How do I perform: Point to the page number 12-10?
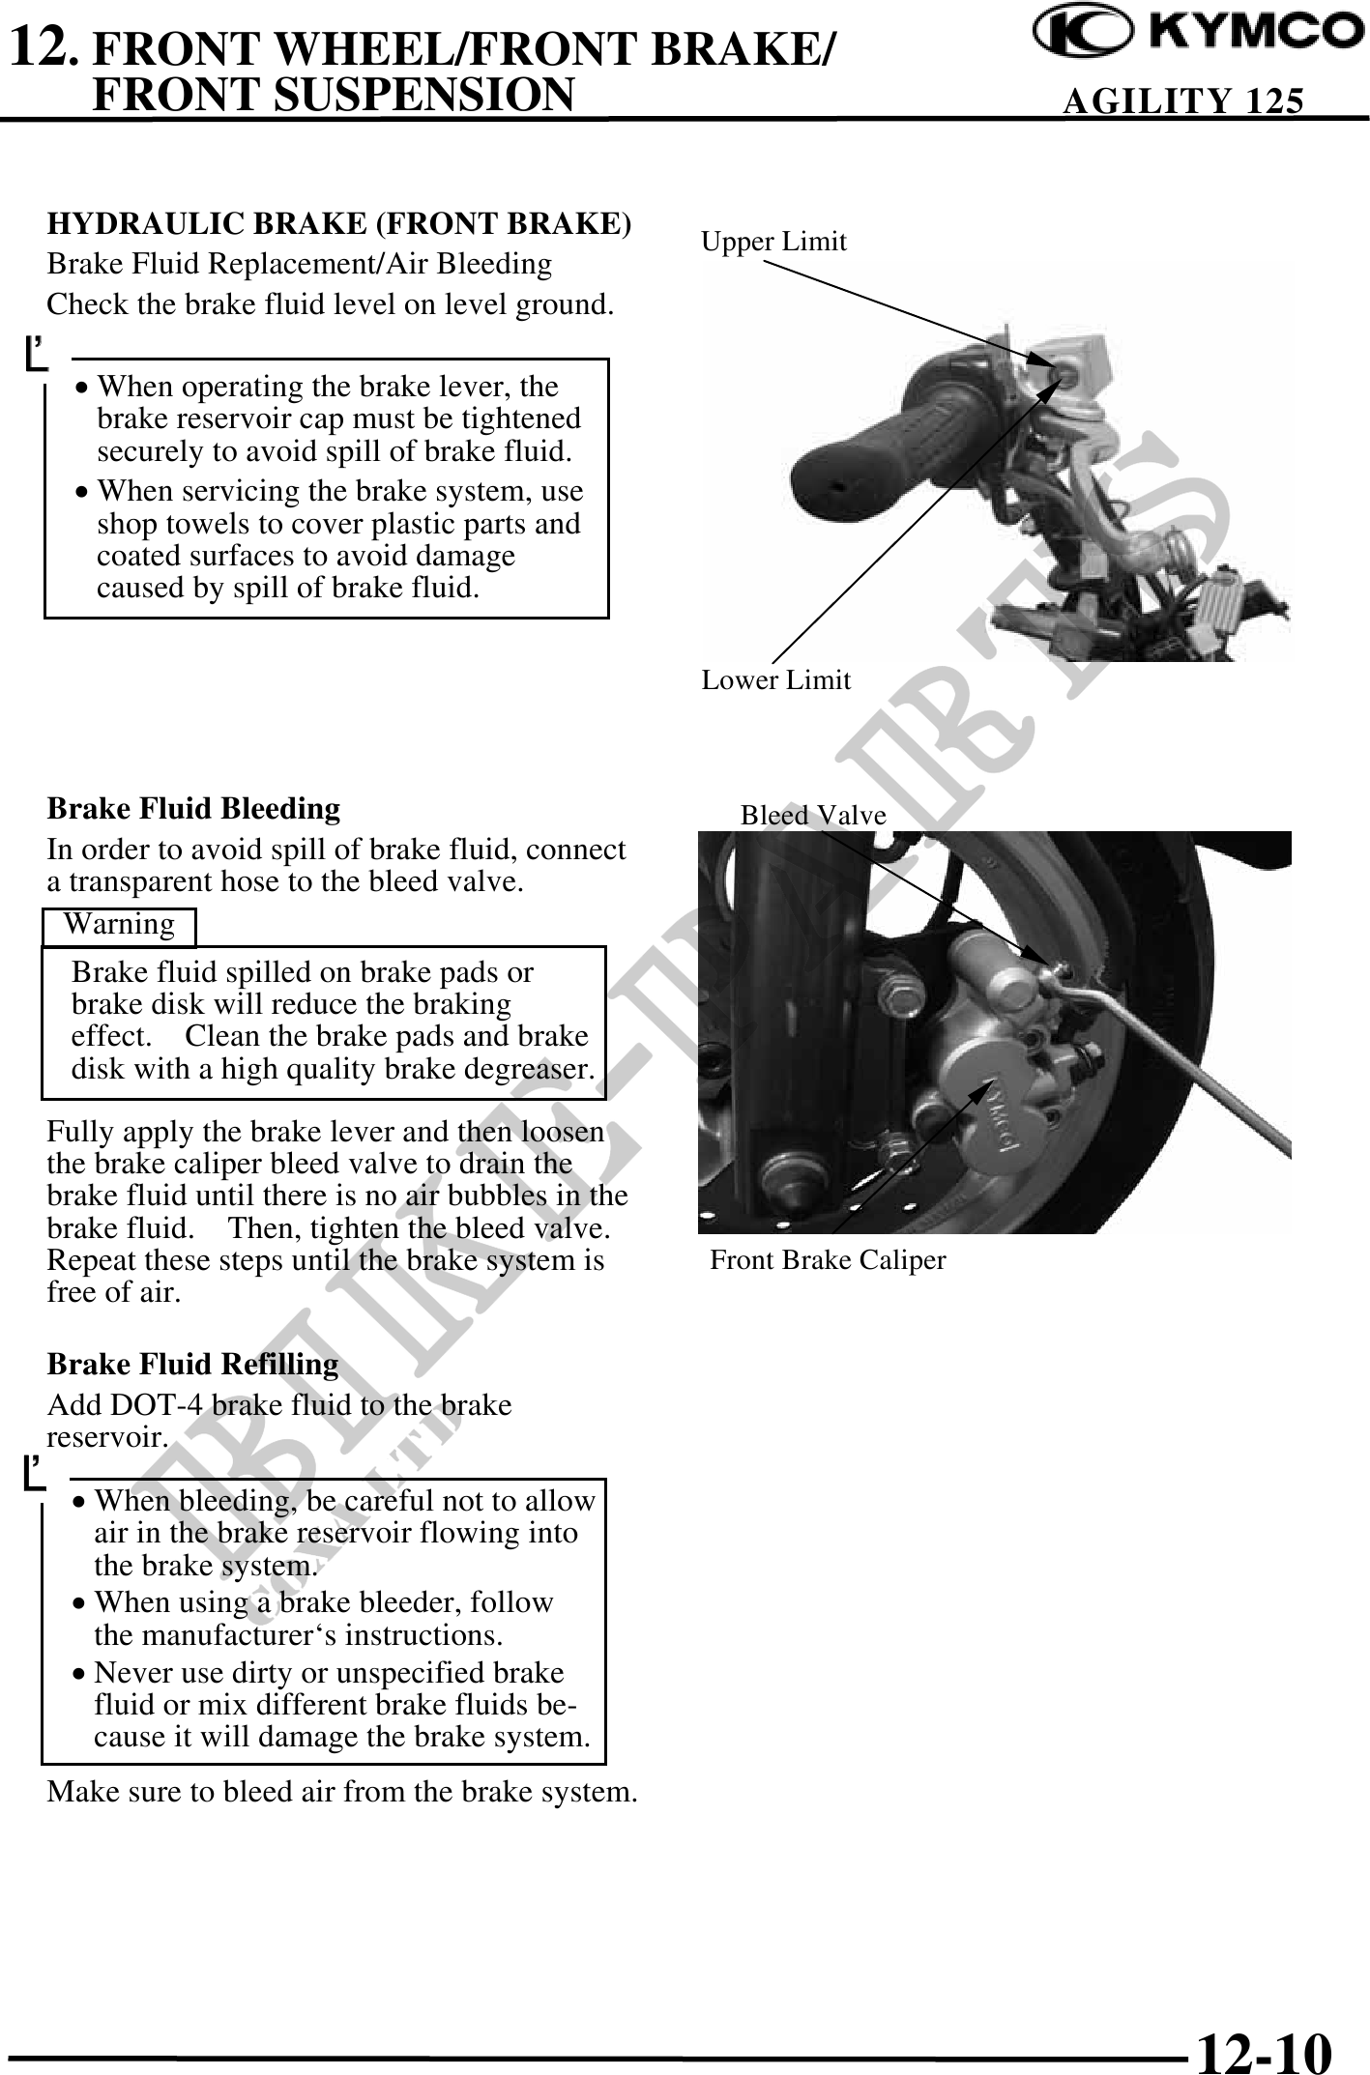point(1263,2047)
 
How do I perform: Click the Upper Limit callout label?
point(773,242)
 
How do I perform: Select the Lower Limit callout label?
point(775,680)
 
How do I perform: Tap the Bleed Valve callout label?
point(812,816)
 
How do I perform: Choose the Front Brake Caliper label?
point(828,1260)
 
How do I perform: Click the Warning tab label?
point(119,925)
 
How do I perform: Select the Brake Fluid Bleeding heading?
point(193,808)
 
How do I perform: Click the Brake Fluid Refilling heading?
point(192,1365)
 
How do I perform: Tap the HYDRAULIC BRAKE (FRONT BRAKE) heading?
point(339,223)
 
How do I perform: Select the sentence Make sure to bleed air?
point(342,1792)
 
